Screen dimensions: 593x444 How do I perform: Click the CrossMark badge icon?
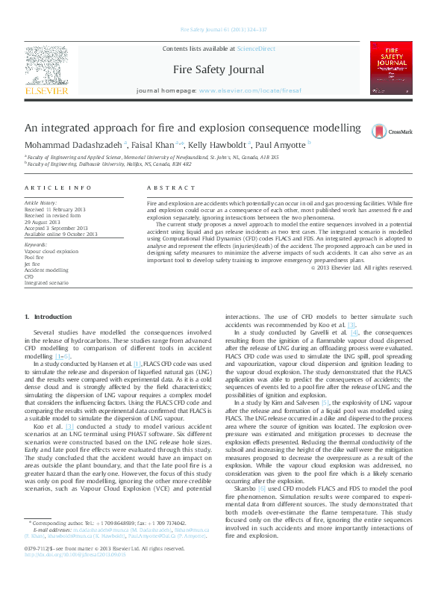[x=393, y=131]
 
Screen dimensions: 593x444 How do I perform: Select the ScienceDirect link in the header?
[x=256, y=49]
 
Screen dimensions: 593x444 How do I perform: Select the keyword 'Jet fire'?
[x=33, y=264]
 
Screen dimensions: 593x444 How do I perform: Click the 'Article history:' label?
[x=41, y=203]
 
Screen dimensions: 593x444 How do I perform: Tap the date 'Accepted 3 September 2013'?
[x=55, y=228]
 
